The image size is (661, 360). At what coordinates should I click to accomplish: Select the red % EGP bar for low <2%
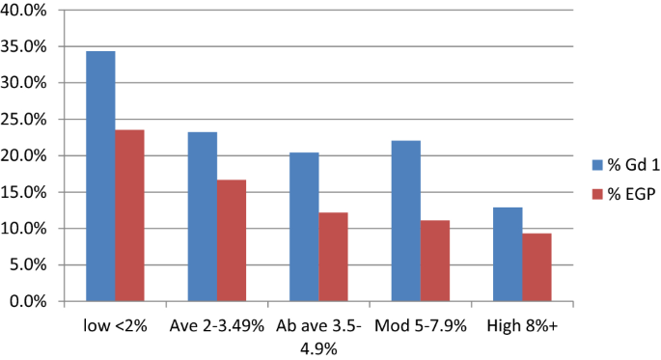point(129,216)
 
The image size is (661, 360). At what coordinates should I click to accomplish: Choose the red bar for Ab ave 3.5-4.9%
point(333,257)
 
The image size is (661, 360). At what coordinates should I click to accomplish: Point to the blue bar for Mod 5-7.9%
point(405,221)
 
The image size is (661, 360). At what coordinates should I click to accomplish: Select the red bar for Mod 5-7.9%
point(434,261)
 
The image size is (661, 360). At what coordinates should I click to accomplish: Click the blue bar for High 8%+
point(508,255)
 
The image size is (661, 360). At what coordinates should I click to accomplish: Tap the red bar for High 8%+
point(537,267)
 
